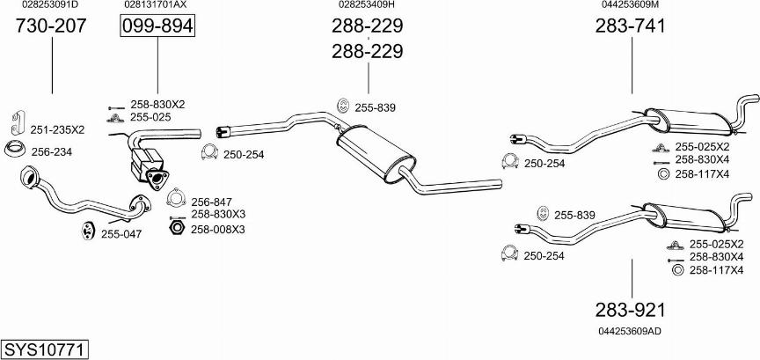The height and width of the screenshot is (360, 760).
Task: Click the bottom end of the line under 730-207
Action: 52,93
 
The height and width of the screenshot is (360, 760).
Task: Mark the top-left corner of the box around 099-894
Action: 121,15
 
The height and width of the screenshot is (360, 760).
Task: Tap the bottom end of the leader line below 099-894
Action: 157,93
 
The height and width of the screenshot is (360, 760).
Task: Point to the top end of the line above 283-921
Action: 632,259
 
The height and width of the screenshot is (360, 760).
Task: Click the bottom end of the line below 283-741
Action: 632,93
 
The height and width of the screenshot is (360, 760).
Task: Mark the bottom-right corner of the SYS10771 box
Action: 89,357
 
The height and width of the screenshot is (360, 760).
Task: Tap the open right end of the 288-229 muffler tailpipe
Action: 501,183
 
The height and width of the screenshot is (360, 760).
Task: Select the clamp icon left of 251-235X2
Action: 18,122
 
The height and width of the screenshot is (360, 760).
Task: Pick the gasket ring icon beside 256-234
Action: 15,149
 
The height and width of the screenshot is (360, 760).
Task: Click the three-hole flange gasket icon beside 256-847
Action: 176,197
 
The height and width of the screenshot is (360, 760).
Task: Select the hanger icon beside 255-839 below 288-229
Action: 343,106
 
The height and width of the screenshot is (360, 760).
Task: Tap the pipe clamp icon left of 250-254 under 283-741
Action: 510,162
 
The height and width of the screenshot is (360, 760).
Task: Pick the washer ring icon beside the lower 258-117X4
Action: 677,270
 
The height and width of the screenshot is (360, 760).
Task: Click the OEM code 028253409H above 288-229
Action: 367,4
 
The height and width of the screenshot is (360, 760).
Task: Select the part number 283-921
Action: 630,310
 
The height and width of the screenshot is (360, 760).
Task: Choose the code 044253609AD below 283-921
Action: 630,331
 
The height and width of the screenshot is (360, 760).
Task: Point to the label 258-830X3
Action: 218,214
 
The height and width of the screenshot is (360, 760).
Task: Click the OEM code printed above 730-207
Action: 50,4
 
